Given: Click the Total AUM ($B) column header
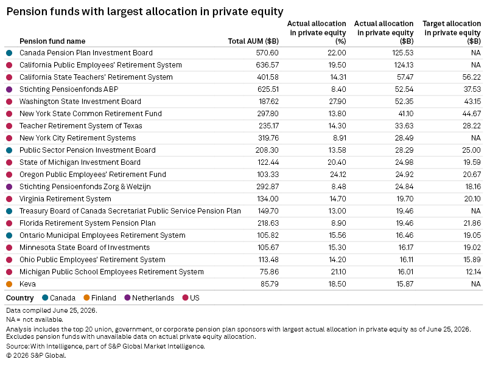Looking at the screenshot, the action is pyautogui.click(x=253, y=41).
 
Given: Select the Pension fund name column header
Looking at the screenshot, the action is pyautogui.click(x=52, y=41).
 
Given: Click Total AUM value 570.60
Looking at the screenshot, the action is pyautogui.click(x=267, y=53).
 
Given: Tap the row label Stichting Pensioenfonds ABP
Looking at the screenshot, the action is pyautogui.click(x=69, y=89).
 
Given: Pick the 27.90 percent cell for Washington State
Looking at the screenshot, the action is pyautogui.click(x=337, y=102).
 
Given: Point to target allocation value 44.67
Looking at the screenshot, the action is pyautogui.click(x=471, y=114).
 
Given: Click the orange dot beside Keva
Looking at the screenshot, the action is pyautogui.click(x=9, y=284).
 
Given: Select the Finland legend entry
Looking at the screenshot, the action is pyautogui.click(x=100, y=298).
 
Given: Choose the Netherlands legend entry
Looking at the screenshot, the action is pyautogui.click(x=149, y=298).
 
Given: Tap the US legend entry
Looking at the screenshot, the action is pyautogui.click(x=191, y=298).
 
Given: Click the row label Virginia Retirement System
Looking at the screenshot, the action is pyautogui.click(x=65, y=199).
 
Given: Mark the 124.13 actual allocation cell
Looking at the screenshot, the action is pyautogui.click(x=404, y=65).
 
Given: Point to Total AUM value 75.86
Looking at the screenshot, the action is pyautogui.click(x=269, y=272).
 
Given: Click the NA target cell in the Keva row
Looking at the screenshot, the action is pyautogui.click(x=476, y=284).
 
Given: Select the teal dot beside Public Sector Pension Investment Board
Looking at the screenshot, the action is pyautogui.click(x=9, y=150).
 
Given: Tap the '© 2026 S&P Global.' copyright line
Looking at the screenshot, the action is pyautogui.click(x=36, y=355).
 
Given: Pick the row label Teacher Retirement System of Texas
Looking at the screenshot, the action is pyautogui.click(x=81, y=126).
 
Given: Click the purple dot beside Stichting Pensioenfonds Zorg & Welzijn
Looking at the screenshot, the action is pyautogui.click(x=9, y=187).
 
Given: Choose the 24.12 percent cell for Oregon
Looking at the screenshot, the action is pyautogui.click(x=338, y=175).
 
